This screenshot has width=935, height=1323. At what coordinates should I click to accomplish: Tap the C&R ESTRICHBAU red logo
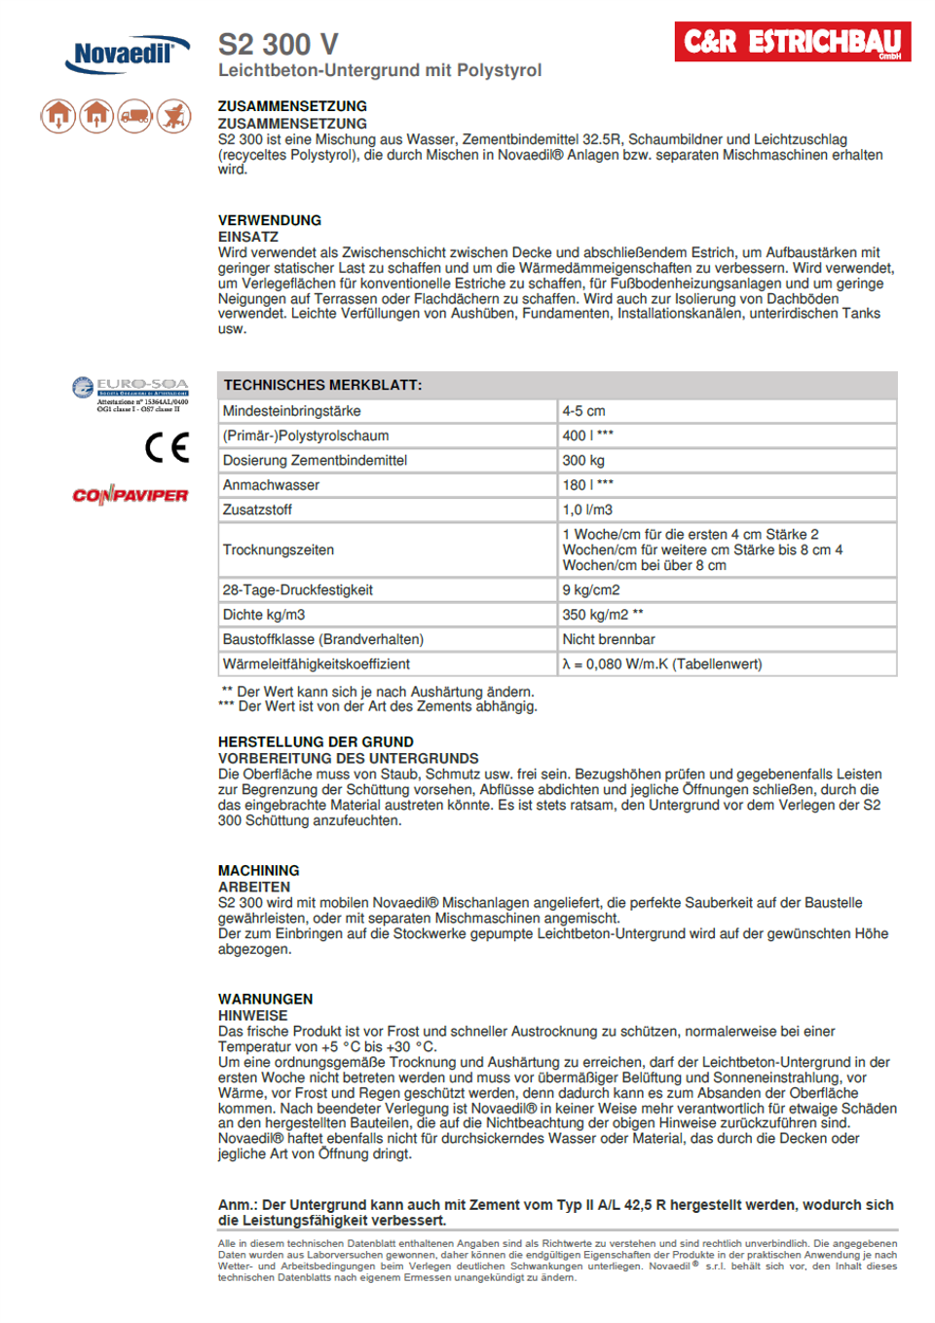(792, 42)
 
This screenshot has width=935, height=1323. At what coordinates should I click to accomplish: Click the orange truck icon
(135, 116)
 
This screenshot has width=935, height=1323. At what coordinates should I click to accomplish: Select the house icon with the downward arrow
(58, 116)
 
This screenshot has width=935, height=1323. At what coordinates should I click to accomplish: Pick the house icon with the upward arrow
(96, 116)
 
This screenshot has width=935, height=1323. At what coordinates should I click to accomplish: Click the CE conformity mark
(167, 447)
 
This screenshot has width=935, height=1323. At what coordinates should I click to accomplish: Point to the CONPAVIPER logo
(131, 495)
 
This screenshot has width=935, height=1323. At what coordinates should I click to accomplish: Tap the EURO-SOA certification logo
(131, 394)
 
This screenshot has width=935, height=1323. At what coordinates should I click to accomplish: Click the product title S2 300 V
(278, 45)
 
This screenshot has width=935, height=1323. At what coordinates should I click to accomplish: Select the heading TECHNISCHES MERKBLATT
(322, 385)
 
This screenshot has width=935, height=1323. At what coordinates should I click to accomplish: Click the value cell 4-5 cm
(583, 411)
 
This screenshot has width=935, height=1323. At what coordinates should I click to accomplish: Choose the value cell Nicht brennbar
(608, 639)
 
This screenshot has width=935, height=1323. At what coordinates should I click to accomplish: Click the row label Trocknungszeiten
(278, 549)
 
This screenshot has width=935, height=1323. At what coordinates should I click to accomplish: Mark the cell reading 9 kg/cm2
(590, 590)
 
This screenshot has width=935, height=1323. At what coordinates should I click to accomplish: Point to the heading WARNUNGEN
(265, 999)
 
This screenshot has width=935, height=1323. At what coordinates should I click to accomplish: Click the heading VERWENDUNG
(269, 220)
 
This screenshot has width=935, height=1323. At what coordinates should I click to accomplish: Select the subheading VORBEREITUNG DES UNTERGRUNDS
(348, 758)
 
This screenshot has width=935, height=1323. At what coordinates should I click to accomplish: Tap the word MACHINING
(258, 870)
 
